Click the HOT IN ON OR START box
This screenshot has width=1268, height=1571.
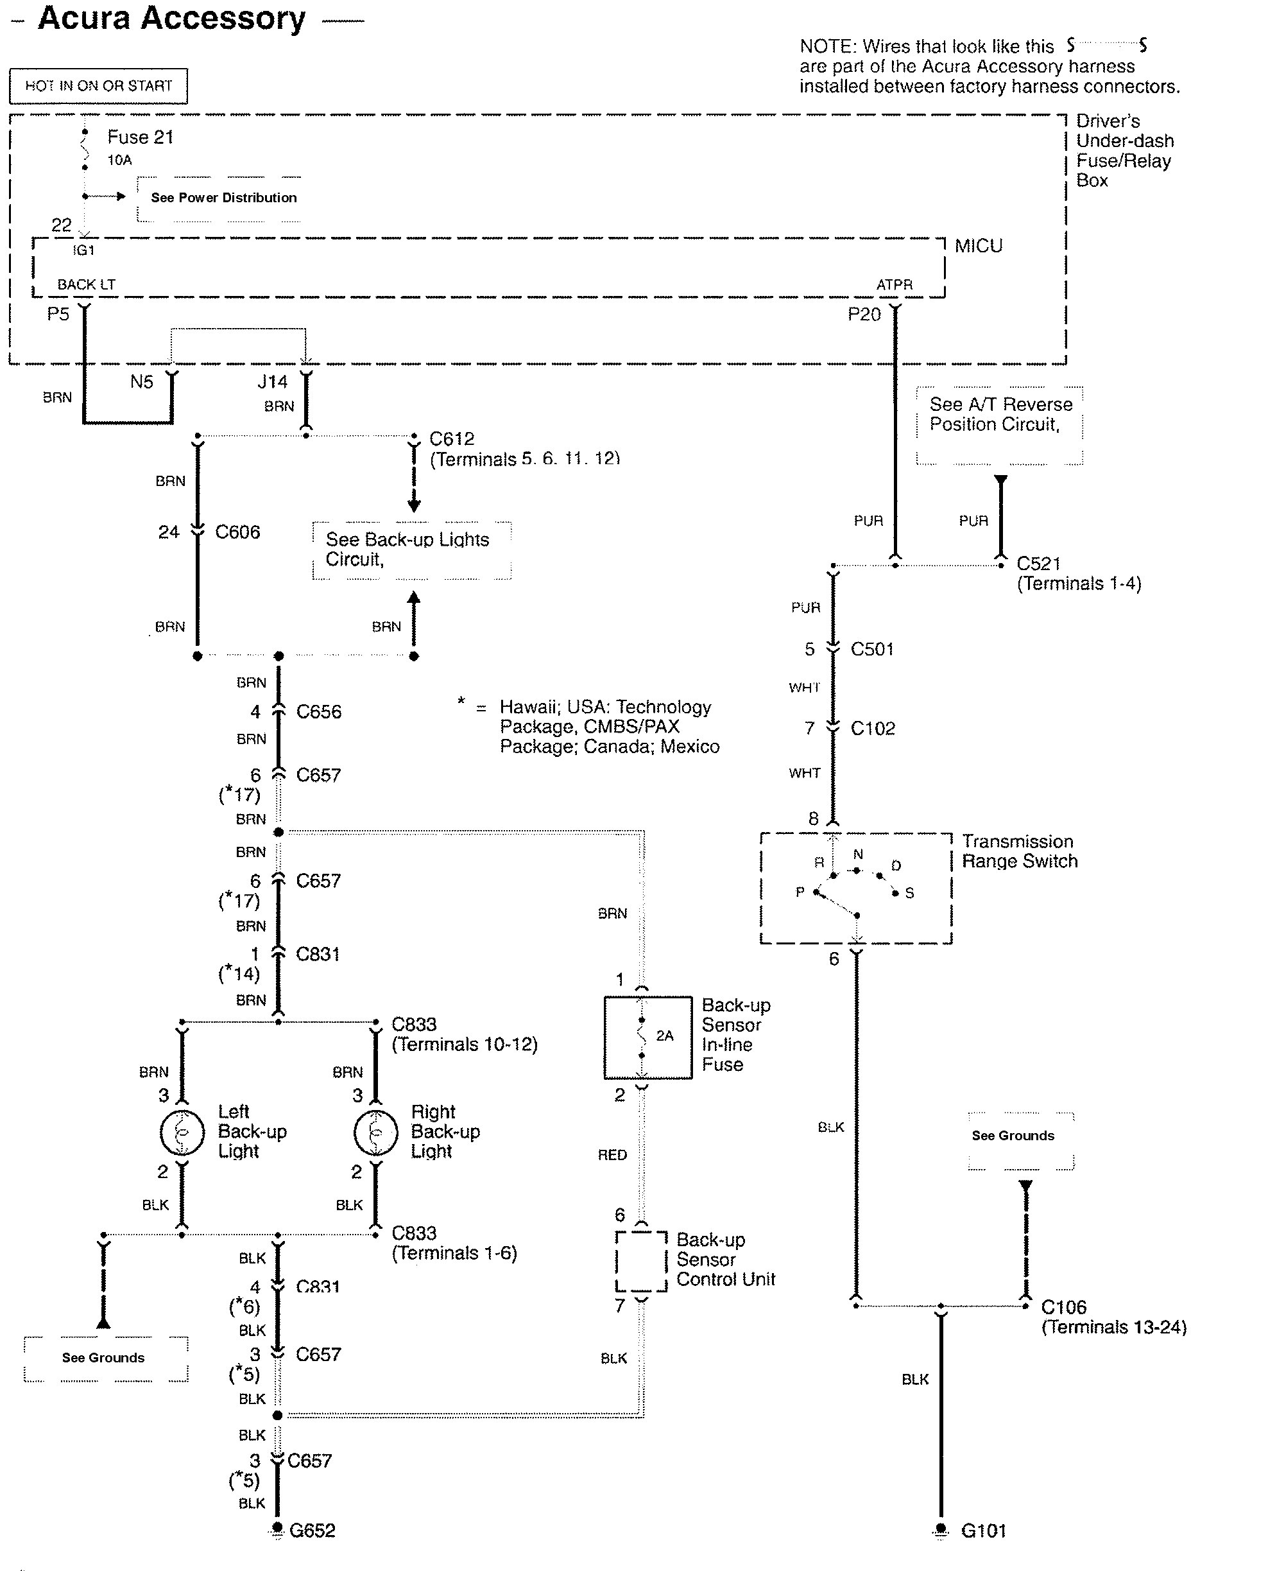(98, 86)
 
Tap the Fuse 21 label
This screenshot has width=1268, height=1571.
(141, 137)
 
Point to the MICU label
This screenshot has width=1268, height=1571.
(978, 247)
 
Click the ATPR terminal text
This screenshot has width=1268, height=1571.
(894, 285)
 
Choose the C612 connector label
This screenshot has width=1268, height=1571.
(451, 439)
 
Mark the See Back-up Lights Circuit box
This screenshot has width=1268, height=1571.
(411, 550)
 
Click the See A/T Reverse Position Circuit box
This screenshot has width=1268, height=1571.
(999, 424)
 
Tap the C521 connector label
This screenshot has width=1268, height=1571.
(1038, 564)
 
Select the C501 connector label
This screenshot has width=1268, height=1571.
(872, 650)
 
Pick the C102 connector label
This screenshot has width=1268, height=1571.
(873, 729)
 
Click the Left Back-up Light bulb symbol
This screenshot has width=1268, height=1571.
(182, 1133)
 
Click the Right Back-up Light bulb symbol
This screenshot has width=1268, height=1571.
(375, 1133)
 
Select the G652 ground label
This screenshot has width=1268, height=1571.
(312, 1531)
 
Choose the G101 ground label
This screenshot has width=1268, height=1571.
(983, 1531)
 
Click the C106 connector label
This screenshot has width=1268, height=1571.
(1063, 1307)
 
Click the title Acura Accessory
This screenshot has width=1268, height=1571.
(171, 19)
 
